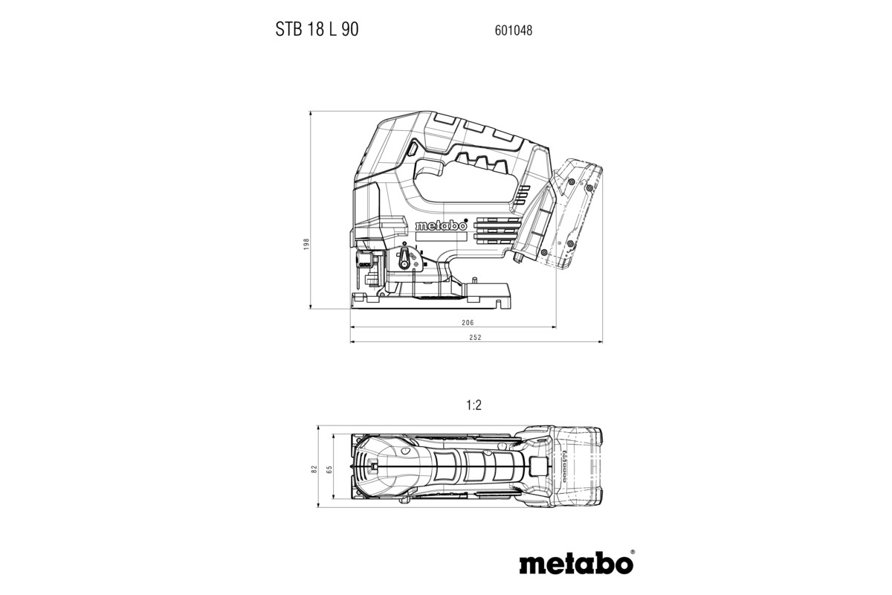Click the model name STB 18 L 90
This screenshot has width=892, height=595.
[x=315, y=30]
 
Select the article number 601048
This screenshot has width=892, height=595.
[x=513, y=31]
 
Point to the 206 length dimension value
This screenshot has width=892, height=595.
[x=467, y=324]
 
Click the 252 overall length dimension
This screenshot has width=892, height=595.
[x=476, y=338]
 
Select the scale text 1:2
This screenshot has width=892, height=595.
[x=474, y=405]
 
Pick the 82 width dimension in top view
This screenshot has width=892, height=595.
[x=314, y=469]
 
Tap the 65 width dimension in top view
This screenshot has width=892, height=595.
[x=329, y=469]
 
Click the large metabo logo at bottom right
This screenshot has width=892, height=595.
[x=575, y=563]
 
